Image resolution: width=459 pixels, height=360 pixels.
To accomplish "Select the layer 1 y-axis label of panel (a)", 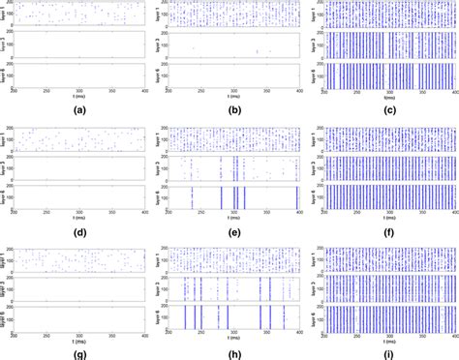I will tap(4, 15).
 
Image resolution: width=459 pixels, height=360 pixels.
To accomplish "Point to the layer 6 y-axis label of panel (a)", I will tap(4, 75).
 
